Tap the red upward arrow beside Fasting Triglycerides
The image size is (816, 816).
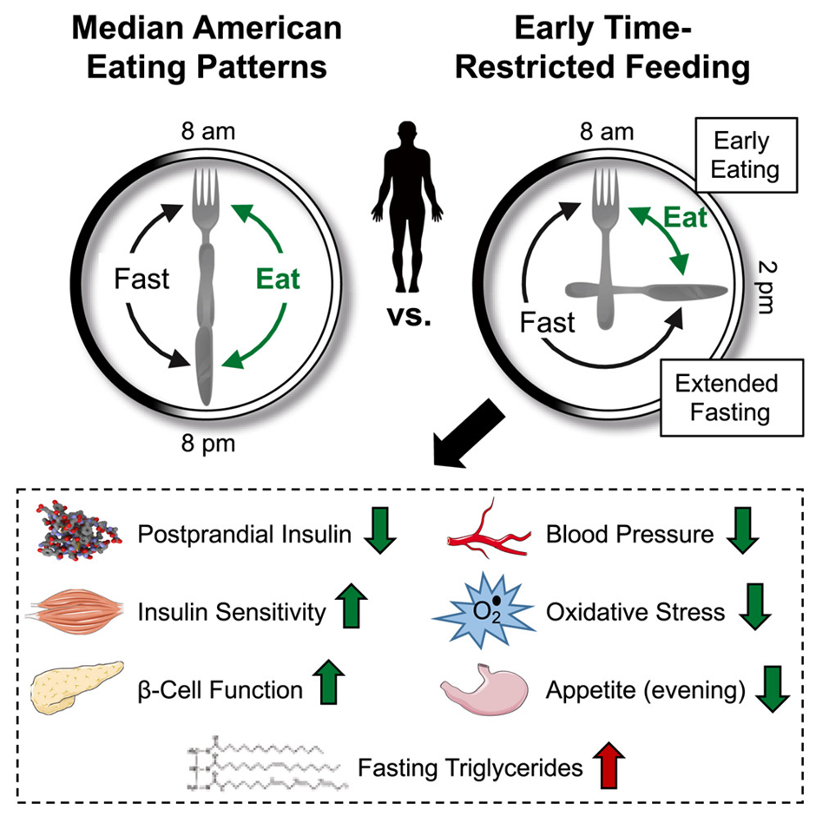click(609, 766)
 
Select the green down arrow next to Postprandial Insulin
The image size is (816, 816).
click(380, 530)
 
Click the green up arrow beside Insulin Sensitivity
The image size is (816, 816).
click(352, 606)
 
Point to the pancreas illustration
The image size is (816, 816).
click(77, 687)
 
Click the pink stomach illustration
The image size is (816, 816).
click(484, 689)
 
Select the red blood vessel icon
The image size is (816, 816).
click(488, 530)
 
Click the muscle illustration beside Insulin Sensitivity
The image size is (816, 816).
click(75, 610)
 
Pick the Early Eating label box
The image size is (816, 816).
click(746, 155)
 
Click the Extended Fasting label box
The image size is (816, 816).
click(731, 398)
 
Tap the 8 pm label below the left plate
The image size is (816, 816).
click(208, 444)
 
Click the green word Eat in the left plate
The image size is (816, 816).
click(278, 279)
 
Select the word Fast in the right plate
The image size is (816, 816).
click(548, 322)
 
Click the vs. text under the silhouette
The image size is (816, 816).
click(409, 316)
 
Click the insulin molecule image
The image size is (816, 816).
click(79, 530)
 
